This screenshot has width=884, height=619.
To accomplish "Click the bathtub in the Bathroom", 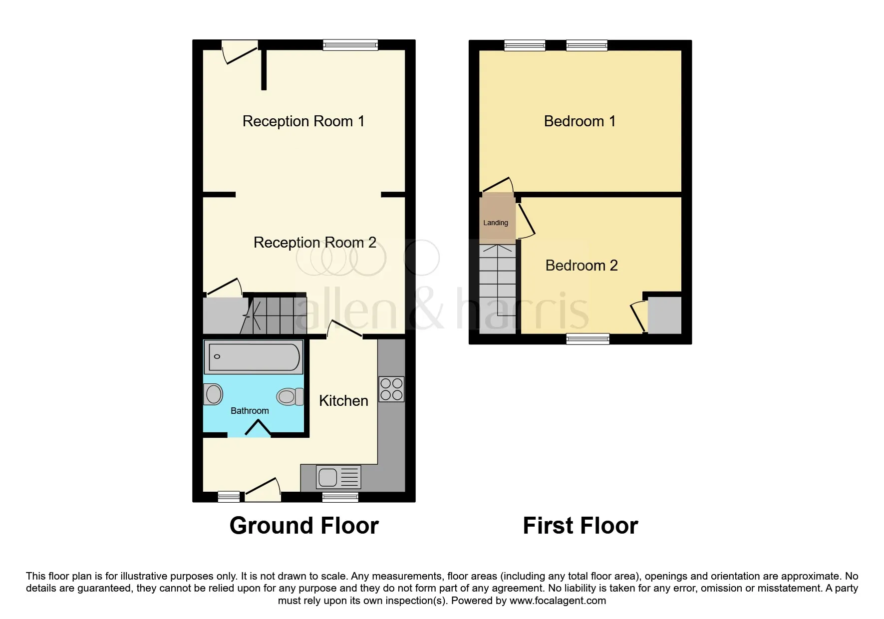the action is [x=254, y=357].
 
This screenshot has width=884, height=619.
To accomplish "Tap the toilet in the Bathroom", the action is [x=290, y=397].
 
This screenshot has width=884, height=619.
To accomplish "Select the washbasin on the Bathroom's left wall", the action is [x=213, y=394].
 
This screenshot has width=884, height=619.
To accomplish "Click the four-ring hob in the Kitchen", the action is [x=391, y=389].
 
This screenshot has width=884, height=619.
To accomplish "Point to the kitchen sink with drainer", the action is [x=338, y=477].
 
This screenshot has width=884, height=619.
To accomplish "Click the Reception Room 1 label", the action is [x=303, y=121].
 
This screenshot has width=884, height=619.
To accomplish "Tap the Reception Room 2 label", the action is [x=315, y=243].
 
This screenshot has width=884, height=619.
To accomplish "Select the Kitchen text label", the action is [x=343, y=401].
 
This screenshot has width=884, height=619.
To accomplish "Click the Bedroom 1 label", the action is [x=580, y=121].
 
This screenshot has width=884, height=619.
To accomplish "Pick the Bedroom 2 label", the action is [x=582, y=266].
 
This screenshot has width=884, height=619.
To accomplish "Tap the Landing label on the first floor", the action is [x=496, y=223].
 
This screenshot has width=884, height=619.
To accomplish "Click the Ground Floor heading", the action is [x=304, y=526].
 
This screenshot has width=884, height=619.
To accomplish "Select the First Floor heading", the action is [x=581, y=526].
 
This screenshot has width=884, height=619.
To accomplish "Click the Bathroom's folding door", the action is [x=259, y=428].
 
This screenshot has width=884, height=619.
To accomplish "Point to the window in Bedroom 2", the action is [x=588, y=339].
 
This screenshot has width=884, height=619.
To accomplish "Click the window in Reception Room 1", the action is [x=350, y=45].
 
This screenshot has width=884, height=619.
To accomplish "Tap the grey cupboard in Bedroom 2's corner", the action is [x=664, y=315].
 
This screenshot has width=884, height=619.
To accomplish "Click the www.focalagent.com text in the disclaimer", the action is [x=558, y=601].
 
